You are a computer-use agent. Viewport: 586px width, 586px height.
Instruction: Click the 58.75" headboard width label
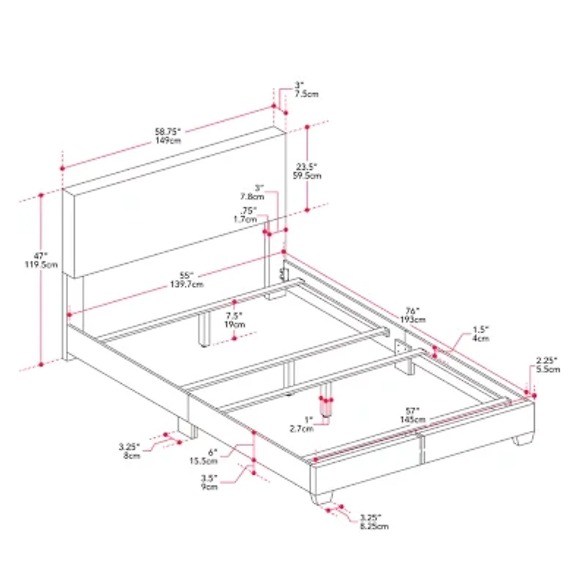(169, 136)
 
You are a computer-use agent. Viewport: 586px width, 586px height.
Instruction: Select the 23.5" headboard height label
(306, 170)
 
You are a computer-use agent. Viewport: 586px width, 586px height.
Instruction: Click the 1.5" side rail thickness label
(480, 334)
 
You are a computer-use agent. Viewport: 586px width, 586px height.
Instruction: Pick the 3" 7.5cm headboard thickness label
(305, 90)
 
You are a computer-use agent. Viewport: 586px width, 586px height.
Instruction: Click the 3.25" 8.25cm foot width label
(374, 522)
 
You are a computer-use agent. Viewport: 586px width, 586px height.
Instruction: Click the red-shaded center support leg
(326, 407)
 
